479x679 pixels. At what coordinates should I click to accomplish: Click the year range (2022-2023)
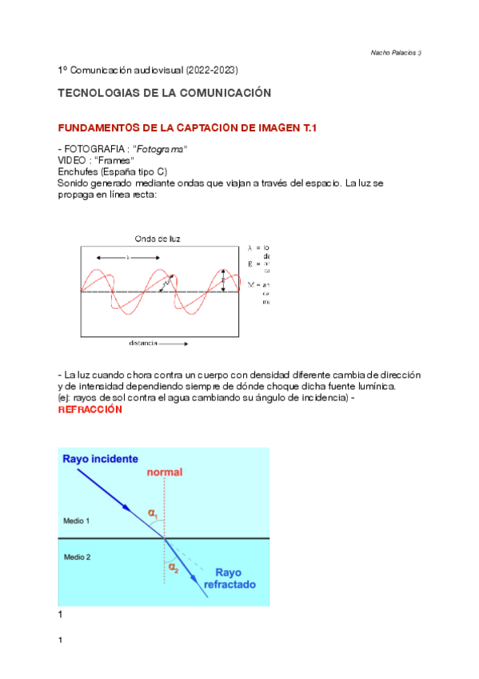[211, 71]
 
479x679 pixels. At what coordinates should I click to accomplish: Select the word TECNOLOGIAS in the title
[98, 93]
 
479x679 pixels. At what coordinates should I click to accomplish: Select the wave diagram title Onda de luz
[157, 238]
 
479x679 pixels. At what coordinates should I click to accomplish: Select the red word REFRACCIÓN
[90, 409]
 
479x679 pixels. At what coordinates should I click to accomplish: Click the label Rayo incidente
[101, 459]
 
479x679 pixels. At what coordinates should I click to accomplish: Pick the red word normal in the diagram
[165, 472]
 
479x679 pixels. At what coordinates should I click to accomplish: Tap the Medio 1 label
[77, 520]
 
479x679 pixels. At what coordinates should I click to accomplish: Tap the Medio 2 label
[77, 556]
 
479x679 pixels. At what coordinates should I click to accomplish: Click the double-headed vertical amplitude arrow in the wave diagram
[223, 282]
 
